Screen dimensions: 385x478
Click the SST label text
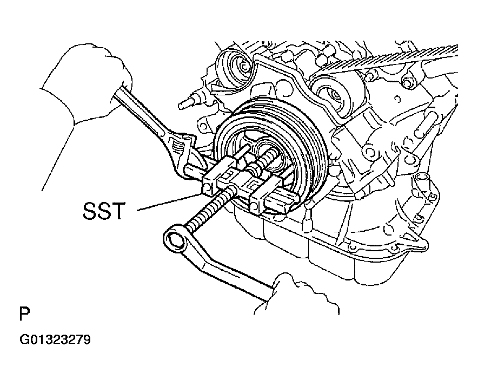105,211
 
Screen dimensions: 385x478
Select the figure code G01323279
55,341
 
